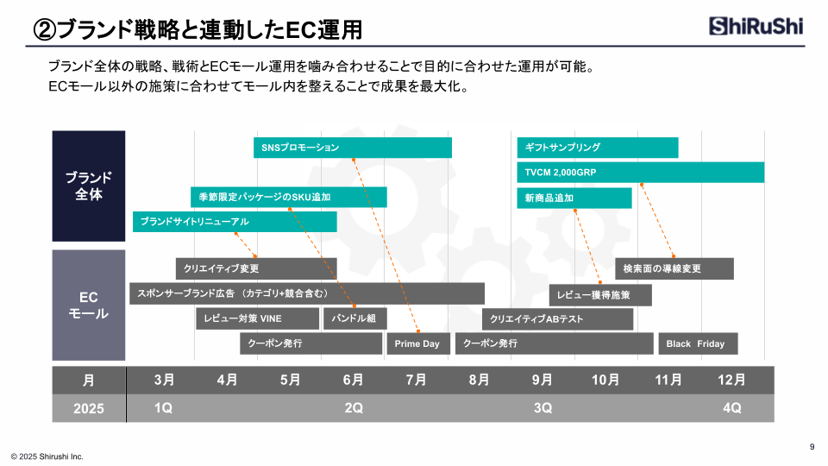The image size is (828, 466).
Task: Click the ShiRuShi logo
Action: coord(756,26)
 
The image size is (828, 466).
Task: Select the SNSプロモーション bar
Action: coord(353,148)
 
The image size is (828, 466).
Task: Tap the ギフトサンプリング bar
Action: coord(597,148)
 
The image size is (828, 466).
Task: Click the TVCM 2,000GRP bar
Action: coord(641,173)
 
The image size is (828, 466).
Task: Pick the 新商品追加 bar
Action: coord(574,198)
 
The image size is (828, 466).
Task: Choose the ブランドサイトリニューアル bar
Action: coord(235,222)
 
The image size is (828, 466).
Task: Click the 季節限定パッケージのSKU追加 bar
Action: coord(288,197)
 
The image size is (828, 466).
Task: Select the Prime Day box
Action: coord(418,343)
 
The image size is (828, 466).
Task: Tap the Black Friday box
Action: coord(698,343)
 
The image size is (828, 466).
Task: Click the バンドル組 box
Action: coord(354,318)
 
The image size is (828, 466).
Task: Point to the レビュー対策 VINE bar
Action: coord(257,318)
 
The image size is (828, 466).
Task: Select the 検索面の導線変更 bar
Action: coord(674,268)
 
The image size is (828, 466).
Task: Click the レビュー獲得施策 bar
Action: coord(600,295)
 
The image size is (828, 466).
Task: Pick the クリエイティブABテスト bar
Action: coord(557,319)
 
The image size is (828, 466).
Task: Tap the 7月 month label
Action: coord(416,380)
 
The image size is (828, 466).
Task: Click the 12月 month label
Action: coord(731,380)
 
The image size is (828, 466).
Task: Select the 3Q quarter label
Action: coord(543,408)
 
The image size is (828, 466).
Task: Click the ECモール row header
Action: coord(89,305)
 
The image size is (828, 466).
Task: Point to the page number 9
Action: coord(812,447)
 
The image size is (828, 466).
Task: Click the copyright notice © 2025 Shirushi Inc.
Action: coord(47,457)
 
